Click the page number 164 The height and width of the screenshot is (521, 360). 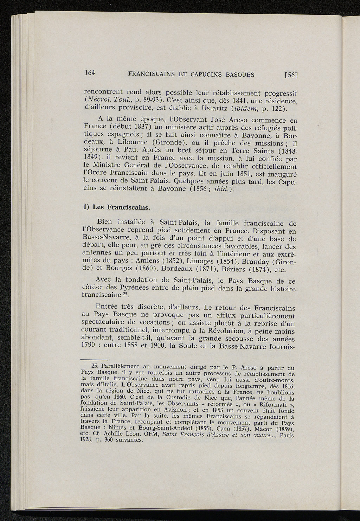[90, 73]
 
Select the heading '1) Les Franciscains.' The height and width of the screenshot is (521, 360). [116, 207]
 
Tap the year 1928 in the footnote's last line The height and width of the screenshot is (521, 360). [86, 440]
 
